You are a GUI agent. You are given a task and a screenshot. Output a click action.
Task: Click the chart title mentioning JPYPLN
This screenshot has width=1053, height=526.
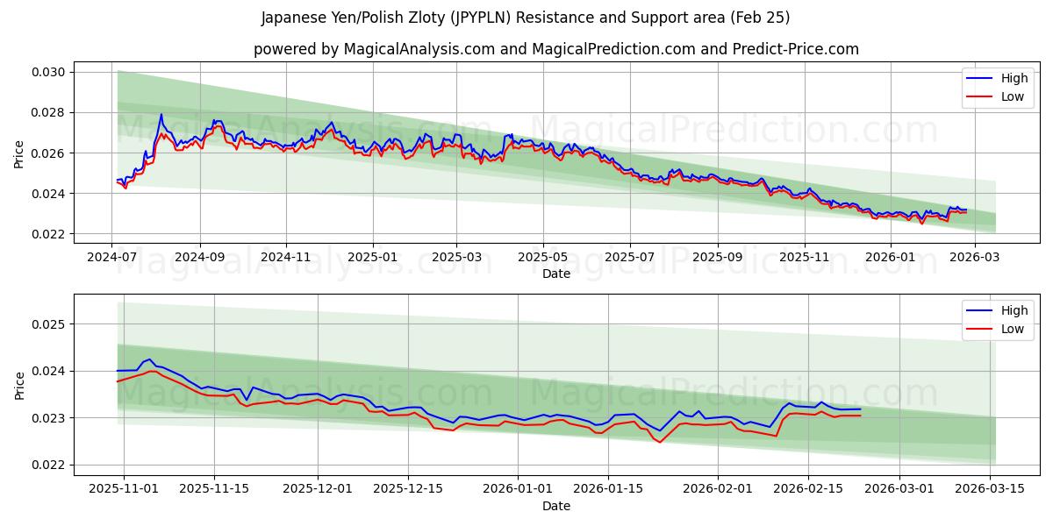(526, 18)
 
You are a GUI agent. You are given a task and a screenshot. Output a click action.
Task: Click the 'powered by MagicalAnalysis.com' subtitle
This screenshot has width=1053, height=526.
(556, 49)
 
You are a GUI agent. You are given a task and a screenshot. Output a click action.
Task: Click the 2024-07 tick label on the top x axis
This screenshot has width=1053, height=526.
(111, 257)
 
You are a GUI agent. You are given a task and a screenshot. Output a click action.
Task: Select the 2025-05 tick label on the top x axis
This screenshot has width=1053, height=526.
(543, 257)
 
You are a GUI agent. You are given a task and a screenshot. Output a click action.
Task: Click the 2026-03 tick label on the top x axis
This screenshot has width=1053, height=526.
(975, 257)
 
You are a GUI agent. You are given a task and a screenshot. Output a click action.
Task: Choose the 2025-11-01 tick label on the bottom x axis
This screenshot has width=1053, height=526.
(123, 489)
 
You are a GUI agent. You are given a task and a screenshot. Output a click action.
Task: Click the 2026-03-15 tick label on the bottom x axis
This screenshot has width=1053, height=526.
(991, 489)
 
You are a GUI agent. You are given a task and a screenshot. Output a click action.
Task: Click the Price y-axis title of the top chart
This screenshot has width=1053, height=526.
(19, 153)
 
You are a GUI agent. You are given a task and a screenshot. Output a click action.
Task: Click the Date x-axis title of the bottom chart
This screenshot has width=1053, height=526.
(556, 506)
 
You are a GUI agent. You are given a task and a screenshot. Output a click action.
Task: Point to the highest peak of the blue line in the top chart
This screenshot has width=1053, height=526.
(161, 114)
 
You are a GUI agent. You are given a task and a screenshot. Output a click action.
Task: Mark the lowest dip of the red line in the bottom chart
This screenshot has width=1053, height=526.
(660, 442)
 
